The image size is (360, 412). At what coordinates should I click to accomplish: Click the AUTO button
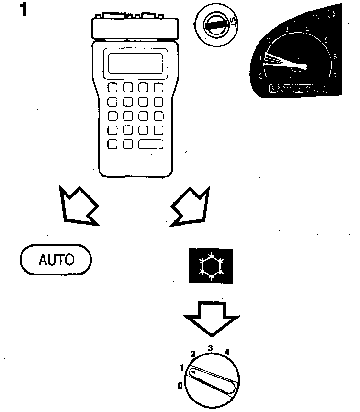coord(56,260)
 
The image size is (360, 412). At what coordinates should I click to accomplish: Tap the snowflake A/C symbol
coord(210,266)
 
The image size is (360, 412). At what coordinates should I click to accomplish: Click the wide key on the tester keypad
coord(151,144)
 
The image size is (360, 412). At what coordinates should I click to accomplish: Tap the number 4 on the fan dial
coord(227,352)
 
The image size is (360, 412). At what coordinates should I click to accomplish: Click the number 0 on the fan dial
coord(180,385)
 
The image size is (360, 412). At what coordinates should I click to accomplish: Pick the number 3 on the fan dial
coord(210,347)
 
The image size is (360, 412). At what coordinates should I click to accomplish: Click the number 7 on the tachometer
coord(335,76)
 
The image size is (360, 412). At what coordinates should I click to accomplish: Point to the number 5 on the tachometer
coord(326,40)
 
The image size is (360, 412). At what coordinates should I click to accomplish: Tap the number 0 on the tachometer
coord(260,76)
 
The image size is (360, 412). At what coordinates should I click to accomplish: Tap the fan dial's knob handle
coord(214,381)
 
